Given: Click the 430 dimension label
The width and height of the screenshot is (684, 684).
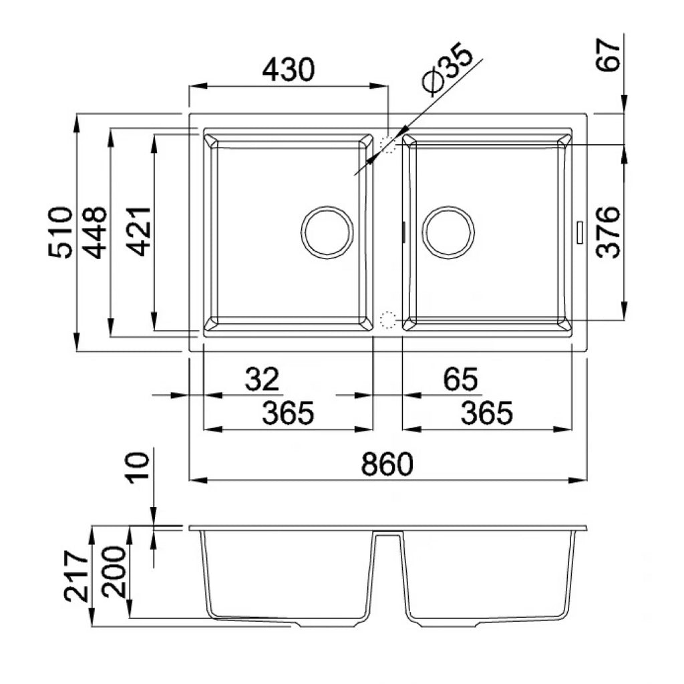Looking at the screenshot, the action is pos(289,69).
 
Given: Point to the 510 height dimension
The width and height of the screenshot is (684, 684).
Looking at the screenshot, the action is pos(61,232).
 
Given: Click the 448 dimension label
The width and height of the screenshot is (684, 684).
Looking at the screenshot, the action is pos(94,232).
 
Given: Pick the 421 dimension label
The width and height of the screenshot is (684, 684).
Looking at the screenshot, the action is pos(139,231).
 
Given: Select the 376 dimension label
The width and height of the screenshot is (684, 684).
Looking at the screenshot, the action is pos(608,232).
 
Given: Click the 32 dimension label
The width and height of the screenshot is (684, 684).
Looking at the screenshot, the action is pos(262,379).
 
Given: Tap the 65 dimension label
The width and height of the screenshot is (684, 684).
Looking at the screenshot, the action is pos(461,379).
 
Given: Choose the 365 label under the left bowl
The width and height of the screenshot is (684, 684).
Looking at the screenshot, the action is pos(288,413).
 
